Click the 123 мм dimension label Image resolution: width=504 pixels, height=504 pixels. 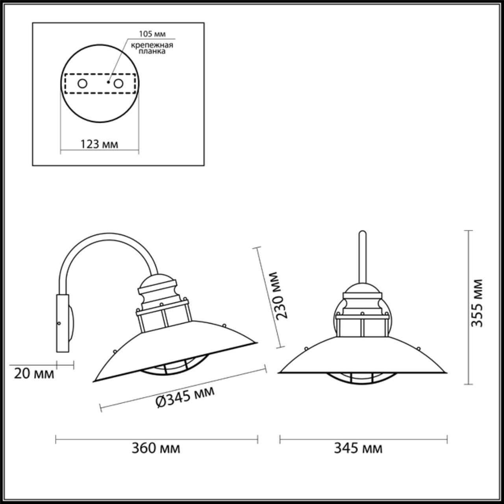pyautogui.click(x=99, y=144)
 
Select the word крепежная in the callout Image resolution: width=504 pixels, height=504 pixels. pyautogui.click(x=152, y=44)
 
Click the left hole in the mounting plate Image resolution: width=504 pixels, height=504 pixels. pyautogui.click(x=82, y=83)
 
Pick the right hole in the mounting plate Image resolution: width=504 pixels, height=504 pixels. pyautogui.click(x=118, y=83)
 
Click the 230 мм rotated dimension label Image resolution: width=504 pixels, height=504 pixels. pyautogui.click(x=282, y=295)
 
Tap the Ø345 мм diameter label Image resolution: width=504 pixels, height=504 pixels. pyautogui.click(x=185, y=397)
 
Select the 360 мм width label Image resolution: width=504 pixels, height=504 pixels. pyautogui.click(x=156, y=448)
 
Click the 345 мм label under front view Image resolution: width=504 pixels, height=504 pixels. pyautogui.click(x=358, y=448)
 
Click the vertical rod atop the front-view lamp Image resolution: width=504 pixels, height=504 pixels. pyautogui.click(x=362, y=256)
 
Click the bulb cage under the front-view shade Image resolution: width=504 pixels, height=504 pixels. pyautogui.click(x=362, y=378)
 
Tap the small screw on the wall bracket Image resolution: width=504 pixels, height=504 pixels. pyautogui.click(x=59, y=323)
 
